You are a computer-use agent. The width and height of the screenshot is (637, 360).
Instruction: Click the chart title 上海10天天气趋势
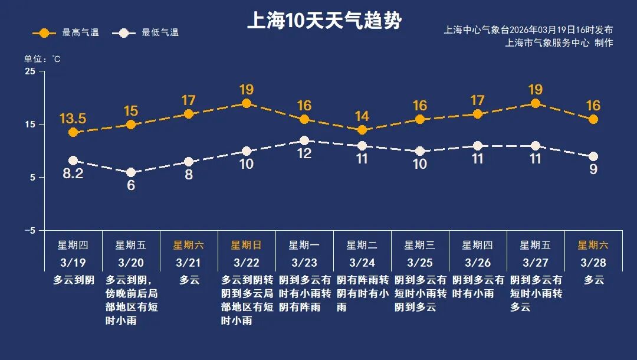tap(324, 22)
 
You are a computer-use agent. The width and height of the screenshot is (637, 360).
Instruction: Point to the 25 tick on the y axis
tap(29, 71)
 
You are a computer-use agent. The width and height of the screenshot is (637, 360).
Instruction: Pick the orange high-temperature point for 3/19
tap(73, 132)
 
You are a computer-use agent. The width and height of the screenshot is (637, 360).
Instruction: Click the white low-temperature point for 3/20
tap(131, 172)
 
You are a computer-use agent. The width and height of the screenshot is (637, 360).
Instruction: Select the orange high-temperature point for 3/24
tap(362, 130)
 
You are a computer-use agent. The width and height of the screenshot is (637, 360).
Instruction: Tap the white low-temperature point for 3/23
tap(304, 140)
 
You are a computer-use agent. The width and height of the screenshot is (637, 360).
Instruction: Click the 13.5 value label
tap(73, 119)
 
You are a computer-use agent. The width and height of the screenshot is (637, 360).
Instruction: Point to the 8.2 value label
tap(73, 174)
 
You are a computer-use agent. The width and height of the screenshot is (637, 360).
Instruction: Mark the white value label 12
tap(304, 154)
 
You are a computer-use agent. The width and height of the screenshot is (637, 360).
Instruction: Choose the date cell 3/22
tap(247, 261)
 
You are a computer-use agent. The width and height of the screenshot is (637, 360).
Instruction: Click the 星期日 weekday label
tap(247, 245)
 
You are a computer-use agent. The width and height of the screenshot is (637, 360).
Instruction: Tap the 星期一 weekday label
tap(304, 245)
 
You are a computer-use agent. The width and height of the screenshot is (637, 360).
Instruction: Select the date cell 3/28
tap(593, 261)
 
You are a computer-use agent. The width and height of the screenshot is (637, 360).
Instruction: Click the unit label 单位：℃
tap(42, 59)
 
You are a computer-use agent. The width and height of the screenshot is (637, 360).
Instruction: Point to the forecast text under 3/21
tap(189, 280)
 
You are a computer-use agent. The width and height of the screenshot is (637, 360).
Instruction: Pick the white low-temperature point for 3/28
tap(593, 156)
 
